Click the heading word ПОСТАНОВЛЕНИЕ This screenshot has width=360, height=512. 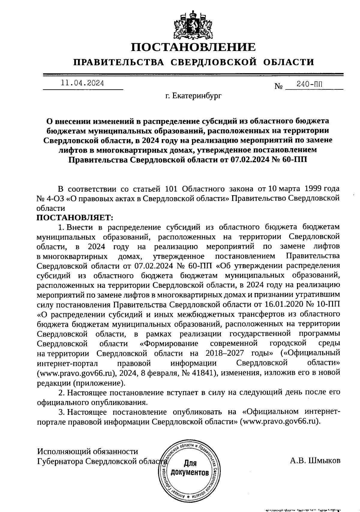[193, 47]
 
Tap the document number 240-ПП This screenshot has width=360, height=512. [309, 85]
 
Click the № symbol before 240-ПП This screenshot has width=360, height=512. [279, 86]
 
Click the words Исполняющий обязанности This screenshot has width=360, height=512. [88, 451]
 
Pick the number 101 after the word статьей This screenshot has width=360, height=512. [172, 189]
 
